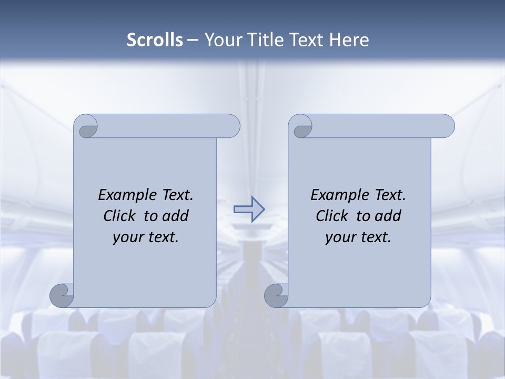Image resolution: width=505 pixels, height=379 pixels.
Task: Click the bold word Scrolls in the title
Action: (155, 39)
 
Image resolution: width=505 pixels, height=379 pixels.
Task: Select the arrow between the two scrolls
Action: (249, 209)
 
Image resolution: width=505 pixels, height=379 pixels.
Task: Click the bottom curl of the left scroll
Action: (62, 296)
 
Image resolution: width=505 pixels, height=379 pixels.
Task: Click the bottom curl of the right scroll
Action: (276, 296)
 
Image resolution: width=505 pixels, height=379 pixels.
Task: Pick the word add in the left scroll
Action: (176, 216)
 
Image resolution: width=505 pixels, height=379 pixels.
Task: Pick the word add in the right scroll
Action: (388, 216)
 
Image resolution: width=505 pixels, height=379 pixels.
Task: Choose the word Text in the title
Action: (306, 39)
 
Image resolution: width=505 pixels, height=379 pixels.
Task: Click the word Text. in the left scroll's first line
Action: (176, 195)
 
